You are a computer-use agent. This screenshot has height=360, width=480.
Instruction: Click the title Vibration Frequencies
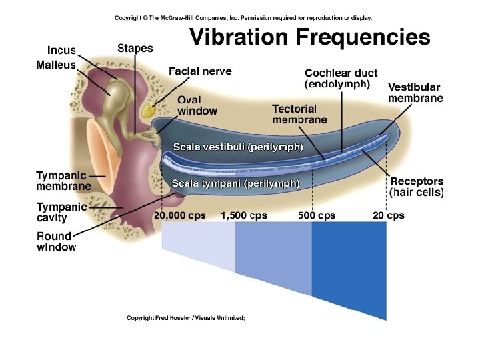coord(310,37)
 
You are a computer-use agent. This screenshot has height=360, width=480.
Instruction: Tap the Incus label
coord(61,51)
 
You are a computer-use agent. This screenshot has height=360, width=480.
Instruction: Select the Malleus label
coord(56,65)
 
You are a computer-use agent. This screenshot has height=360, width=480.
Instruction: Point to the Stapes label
coord(135,48)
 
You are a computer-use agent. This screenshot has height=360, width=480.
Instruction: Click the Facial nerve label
coord(200,71)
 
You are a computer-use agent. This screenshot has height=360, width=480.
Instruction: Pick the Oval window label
coord(197,105)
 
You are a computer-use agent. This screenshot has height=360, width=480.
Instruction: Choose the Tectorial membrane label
coord(299,114)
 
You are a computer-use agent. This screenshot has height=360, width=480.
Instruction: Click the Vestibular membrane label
coord(415,93)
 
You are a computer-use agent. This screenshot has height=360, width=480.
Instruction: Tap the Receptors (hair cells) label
coord(416,187)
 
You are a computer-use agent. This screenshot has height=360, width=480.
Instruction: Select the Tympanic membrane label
coord(64,181)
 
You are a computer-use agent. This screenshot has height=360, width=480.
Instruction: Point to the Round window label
coord(57,241)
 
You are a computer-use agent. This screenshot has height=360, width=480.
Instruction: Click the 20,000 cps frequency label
coord(180,215)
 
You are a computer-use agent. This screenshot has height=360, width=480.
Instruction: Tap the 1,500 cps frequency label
coord(244,215)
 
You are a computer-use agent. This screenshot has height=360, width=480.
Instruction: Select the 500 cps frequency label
coord(317,215)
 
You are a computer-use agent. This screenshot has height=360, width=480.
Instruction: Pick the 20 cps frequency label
coord(388,215)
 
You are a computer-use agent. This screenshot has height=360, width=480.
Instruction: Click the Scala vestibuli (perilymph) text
coord(238,147)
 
